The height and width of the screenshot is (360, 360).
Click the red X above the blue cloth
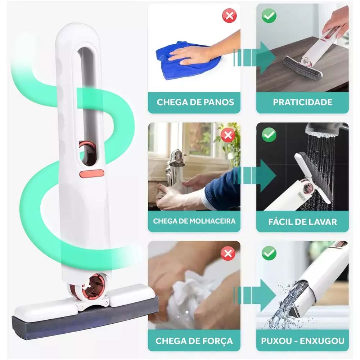point(229,15)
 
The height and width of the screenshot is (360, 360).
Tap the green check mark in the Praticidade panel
point(269,15)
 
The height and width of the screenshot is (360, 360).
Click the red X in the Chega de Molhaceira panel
point(228,135)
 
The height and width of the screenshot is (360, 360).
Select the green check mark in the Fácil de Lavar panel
point(269,135)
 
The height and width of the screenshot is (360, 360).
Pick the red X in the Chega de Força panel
point(228,253)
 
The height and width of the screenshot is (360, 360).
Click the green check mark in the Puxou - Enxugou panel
point(269,253)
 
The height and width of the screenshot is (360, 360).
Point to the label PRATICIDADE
point(303,102)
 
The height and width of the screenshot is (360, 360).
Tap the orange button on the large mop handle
point(92,174)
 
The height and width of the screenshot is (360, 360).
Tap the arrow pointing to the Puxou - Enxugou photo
point(255,295)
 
